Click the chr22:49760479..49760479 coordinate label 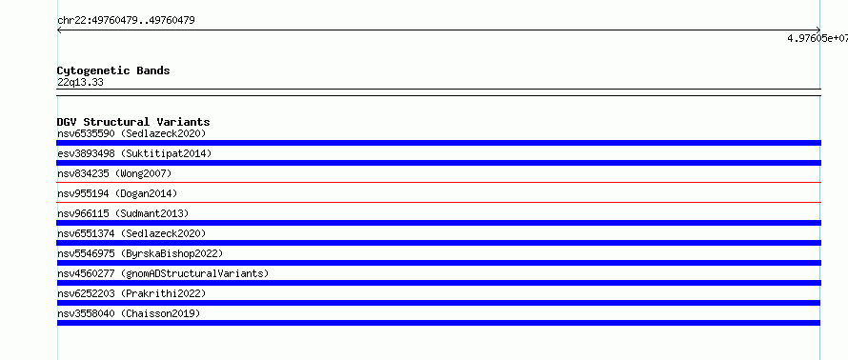click(126, 21)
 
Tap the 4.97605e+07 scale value click(818, 38)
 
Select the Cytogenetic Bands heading click(113, 70)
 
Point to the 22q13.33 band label click(80, 83)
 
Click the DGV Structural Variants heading click(133, 122)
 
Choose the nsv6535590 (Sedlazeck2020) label click(131, 133)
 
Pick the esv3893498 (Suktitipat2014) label click(134, 153)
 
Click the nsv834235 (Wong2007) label click(114, 173)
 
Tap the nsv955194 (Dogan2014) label click(117, 193)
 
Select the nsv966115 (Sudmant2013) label click(123, 213)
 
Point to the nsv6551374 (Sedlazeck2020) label click(131, 233)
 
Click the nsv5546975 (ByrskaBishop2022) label click(140, 253)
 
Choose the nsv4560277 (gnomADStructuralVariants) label click(163, 273)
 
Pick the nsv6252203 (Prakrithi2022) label click(131, 293)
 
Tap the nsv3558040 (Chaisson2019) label click(129, 313)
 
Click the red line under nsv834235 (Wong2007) click(438, 182)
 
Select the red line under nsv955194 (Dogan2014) click(438, 202)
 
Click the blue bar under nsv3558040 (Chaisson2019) click(438, 323)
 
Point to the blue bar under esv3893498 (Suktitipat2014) click(438, 163)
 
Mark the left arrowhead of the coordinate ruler click(58, 30)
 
